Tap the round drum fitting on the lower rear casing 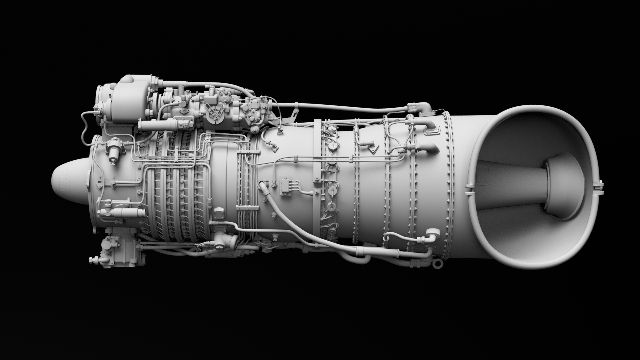pos(432,233)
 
